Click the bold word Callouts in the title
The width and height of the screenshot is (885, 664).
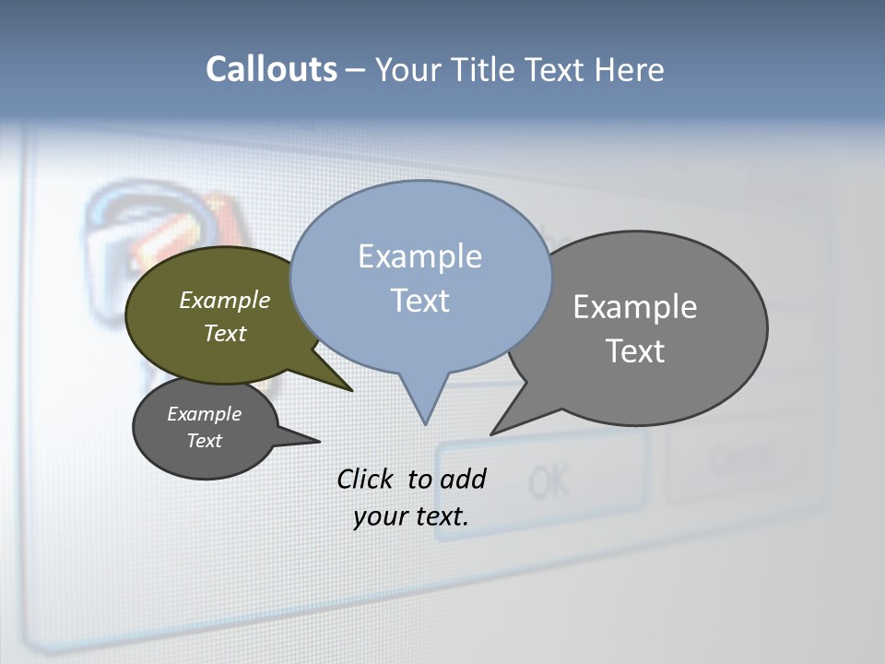(271, 70)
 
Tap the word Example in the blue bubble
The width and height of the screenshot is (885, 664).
(419, 256)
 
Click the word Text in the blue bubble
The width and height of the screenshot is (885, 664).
(419, 301)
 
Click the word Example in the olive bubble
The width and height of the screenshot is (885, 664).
(224, 301)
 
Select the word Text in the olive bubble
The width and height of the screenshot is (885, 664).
(224, 333)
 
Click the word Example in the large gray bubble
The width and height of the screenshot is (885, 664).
(635, 307)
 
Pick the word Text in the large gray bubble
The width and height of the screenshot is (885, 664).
(635, 351)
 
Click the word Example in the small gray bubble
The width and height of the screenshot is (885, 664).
(204, 414)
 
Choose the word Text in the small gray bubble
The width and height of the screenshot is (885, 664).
(204, 441)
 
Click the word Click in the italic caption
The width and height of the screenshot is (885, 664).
(366, 479)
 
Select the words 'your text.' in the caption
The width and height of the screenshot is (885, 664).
(411, 516)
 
